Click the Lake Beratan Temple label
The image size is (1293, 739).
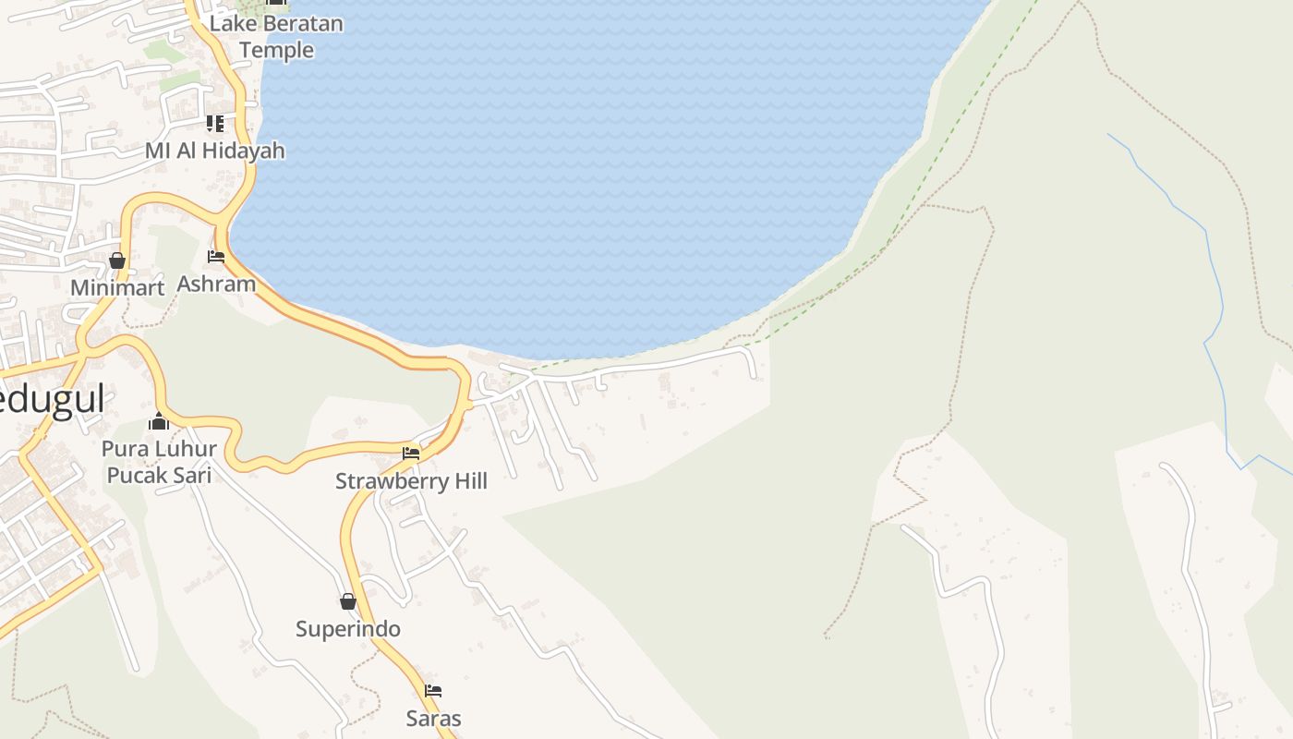pyautogui.click(x=276, y=36)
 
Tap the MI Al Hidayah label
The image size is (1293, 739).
pyautogui.click(x=215, y=150)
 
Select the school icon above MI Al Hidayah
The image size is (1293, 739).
pyautogui.click(x=215, y=123)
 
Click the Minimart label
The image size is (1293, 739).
pyautogui.click(x=117, y=287)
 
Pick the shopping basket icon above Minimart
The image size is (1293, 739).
pyautogui.click(x=117, y=260)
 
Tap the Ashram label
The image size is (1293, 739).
pyautogui.click(x=216, y=284)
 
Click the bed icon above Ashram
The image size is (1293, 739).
pyautogui.click(x=216, y=257)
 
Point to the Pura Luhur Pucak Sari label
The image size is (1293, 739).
pyautogui.click(x=160, y=462)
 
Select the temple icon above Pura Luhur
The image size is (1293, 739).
pyautogui.click(x=159, y=422)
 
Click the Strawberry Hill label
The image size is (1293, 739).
pyautogui.click(x=411, y=481)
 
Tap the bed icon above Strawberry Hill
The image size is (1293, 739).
pyautogui.click(x=411, y=454)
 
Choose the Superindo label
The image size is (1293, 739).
pyautogui.click(x=348, y=629)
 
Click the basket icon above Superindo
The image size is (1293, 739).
pyautogui.click(x=348, y=602)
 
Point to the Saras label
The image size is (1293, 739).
pyautogui.click(x=433, y=718)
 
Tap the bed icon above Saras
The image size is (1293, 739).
pyautogui.click(x=433, y=691)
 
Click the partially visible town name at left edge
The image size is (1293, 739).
pyautogui.click(x=51, y=399)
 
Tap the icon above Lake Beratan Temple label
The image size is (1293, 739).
pyautogui.click(x=276, y=3)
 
